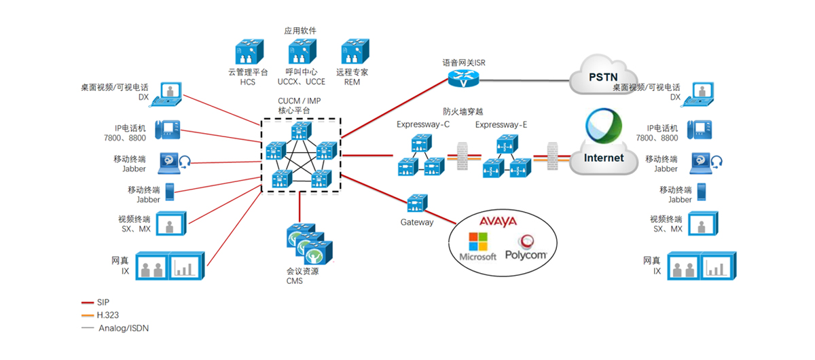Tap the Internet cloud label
click(604, 158)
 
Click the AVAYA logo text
click(498, 221)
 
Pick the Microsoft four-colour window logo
click(478, 241)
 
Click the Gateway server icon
click(416, 203)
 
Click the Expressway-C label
click(423, 124)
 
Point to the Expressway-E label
click(502, 124)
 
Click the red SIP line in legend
click(87, 302)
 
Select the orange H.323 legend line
click(87, 315)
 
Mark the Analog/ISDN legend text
click(124, 328)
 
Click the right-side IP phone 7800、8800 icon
click(700, 130)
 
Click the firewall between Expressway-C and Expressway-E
click(464, 156)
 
